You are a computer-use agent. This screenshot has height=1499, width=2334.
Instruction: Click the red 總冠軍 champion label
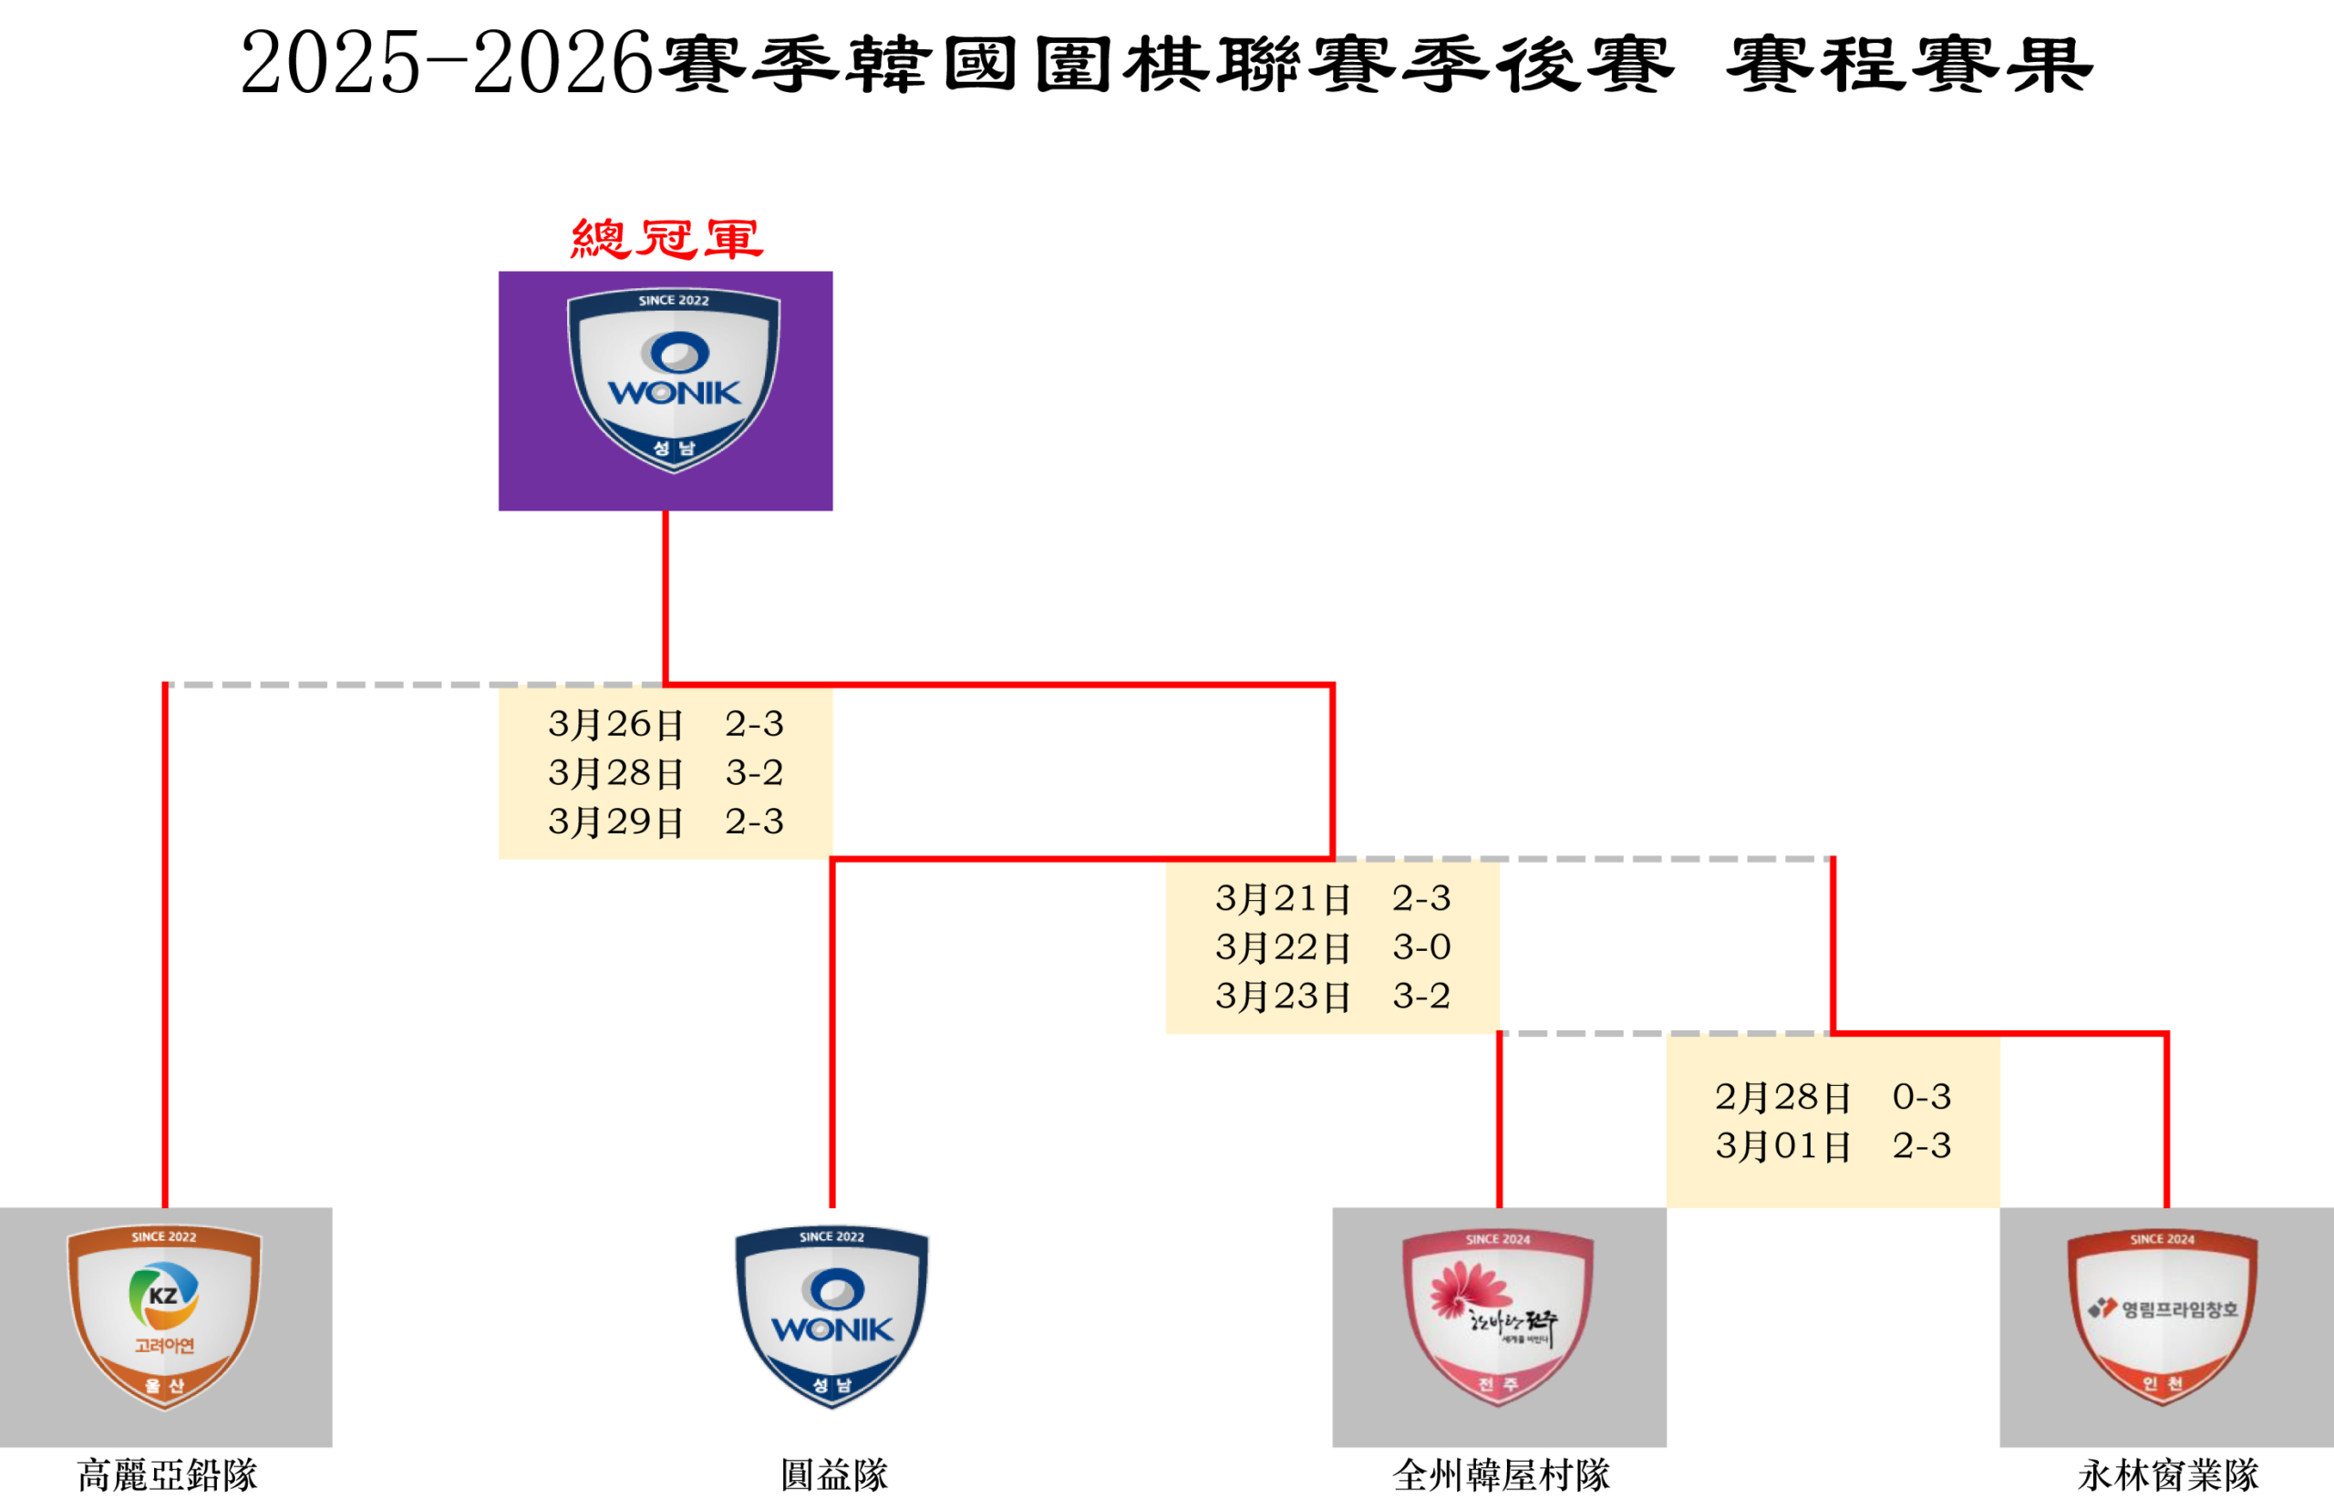coord(666,239)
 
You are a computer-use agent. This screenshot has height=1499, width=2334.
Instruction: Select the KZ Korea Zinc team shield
coord(163,1316)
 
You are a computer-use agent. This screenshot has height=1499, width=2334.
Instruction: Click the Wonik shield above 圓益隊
coord(832,1316)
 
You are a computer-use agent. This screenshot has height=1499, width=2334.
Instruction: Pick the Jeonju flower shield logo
coord(1498,1316)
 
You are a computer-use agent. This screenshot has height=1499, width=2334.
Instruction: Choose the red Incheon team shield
coord(2163,1316)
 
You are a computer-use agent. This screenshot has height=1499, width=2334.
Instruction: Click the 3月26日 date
coord(615,724)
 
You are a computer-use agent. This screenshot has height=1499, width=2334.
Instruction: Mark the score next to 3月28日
coord(754,773)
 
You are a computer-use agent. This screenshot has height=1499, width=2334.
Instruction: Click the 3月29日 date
coord(615,822)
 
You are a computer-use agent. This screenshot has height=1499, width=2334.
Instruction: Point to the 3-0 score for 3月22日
coord(1421,947)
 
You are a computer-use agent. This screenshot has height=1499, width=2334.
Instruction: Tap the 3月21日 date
coord(1283,898)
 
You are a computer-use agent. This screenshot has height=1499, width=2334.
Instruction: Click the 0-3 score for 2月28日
coord(1921,1097)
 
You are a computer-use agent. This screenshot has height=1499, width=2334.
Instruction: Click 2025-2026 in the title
coord(446,63)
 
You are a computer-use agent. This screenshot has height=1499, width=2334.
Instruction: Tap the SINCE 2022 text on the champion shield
coord(674,301)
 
